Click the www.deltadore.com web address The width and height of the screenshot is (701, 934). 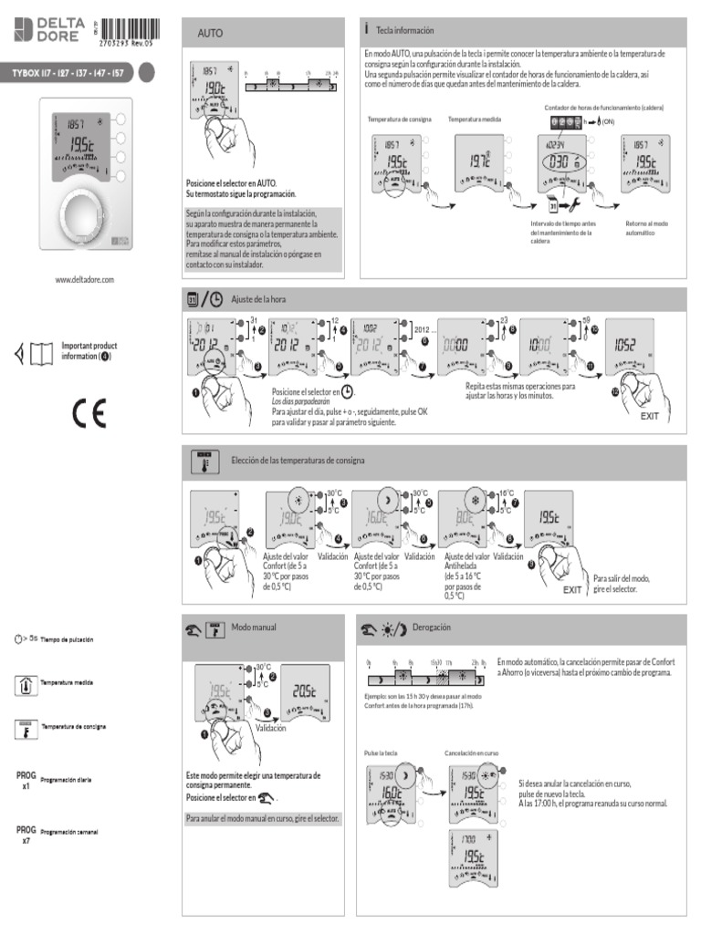click(x=84, y=279)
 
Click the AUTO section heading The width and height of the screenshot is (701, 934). click(x=211, y=33)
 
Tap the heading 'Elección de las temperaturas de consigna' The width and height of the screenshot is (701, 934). click(x=298, y=461)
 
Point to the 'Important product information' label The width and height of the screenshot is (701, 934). click(x=89, y=351)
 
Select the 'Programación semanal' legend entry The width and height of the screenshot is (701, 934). click(x=69, y=834)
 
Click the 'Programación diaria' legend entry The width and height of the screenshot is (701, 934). click(x=66, y=781)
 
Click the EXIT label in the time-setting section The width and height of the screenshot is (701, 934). click(x=649, y=415)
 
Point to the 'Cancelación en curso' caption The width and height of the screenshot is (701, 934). click(x=471, y=753)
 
